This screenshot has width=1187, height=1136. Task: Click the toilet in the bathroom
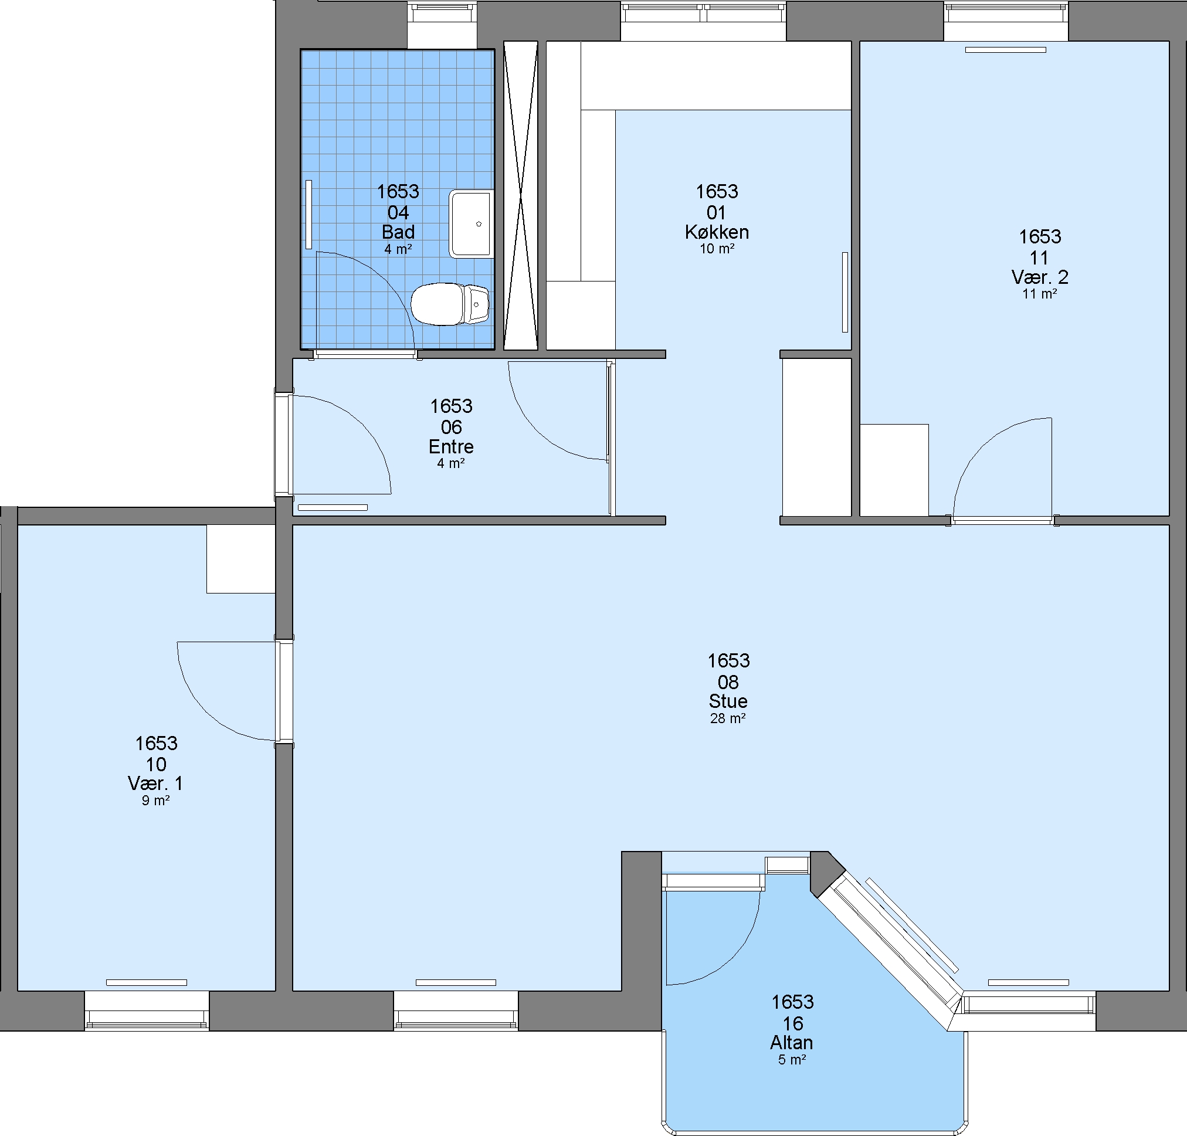(x=450, y=304)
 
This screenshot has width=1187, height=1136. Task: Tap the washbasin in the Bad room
(x=471, y=224)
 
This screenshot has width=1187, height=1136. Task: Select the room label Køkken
(x=717, y=232)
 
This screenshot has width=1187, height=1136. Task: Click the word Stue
(x=728, y=701)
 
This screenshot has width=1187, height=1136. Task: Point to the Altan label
(x=792, y=1043)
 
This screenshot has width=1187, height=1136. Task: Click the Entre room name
(x=451, y=447)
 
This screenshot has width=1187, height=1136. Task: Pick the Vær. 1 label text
(x=155, y=784)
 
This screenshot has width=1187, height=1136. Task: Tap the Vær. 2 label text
(x=1040, y=277)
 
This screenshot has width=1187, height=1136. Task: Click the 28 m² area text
(x=728, y=719)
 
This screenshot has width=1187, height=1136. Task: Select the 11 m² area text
(x=1040, y=294)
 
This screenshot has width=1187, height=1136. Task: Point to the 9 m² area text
(x=155, y=801)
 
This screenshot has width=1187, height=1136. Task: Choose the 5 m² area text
(x=792, y=1060)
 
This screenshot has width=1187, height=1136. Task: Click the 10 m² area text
(x=717, y=249)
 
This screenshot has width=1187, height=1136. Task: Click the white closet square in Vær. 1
(x=241, y=559)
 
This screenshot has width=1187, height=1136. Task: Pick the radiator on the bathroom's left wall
(x=309, y=215)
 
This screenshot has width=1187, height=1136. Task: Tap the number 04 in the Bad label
(x=398, y=212)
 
